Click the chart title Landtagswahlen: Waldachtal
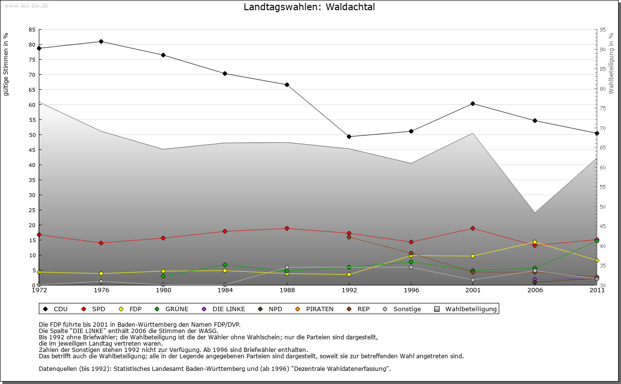coord(309,7)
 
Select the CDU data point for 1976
coord(101,41)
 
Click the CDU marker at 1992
coord(349,136)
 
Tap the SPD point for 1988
coord(287,228)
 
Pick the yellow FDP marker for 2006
coord(535,242)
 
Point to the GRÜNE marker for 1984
coord(225,265)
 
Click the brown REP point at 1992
coord(349,237)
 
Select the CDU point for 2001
coord(473,103)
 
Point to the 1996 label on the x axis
coord(411,290)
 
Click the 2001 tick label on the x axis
coord(473,290)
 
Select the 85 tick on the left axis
coord(32,30)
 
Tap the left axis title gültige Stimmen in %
coord(6,65)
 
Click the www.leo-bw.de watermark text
coord(26,5)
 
